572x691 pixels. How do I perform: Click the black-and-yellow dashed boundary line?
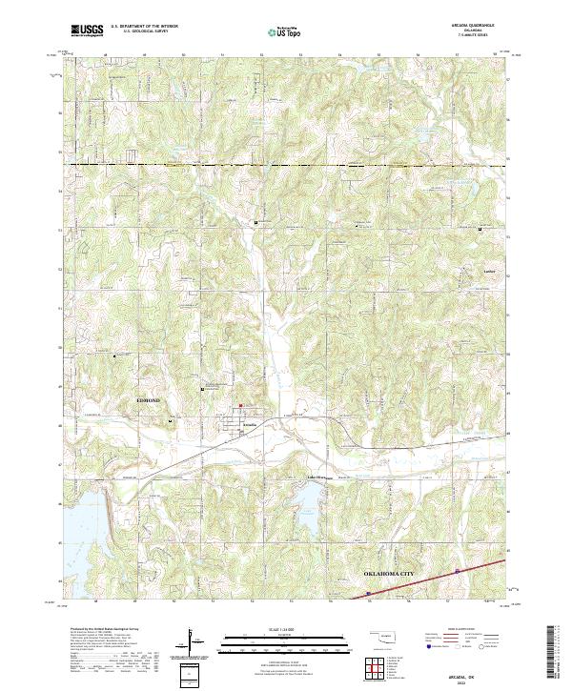[286, 166]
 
